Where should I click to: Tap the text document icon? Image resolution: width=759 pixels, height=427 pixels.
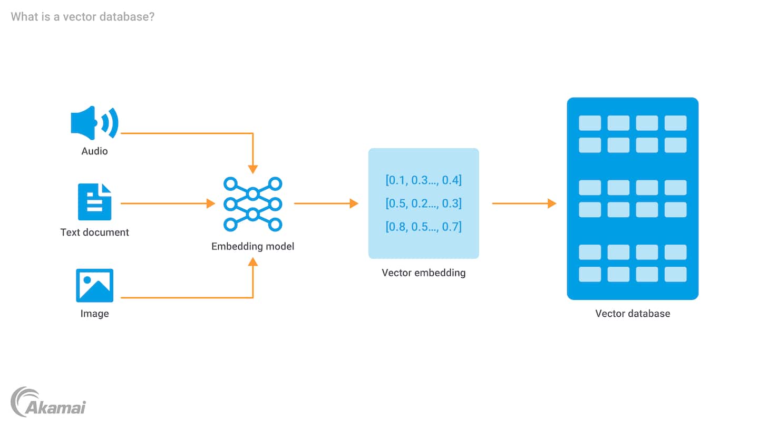pos(95,202)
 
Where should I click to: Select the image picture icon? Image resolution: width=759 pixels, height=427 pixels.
pos(95,285)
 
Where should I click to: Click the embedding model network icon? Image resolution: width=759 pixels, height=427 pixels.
pos(253,204)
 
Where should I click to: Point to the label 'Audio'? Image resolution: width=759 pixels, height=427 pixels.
pos(94,151)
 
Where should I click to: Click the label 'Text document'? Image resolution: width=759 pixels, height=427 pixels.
pos(95,232)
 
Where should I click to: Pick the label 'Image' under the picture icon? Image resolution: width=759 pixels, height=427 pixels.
pos(95,314)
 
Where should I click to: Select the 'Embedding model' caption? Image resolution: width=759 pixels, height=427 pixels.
pos(253,246)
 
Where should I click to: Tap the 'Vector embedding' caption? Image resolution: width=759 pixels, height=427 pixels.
pos(424,273)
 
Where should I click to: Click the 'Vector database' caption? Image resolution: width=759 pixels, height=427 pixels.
pos(632,314)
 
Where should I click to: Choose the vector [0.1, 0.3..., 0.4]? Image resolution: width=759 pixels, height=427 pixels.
pos(424,180)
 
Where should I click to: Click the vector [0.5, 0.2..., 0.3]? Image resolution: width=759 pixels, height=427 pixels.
pos(424,203)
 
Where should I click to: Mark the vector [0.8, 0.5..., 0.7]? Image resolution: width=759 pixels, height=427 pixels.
pos(424,227)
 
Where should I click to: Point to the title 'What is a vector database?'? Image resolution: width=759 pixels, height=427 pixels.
pos(83,16)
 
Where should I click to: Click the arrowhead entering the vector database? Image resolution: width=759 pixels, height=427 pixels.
pos(552,203)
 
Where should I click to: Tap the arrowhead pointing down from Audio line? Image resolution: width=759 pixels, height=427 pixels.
pos(253,169)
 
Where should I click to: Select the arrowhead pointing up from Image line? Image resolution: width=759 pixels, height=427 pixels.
pos(253,261)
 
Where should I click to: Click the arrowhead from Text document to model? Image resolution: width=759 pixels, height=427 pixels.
pos(210,203)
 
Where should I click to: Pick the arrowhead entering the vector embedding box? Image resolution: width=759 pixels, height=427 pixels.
pos(354,203)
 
